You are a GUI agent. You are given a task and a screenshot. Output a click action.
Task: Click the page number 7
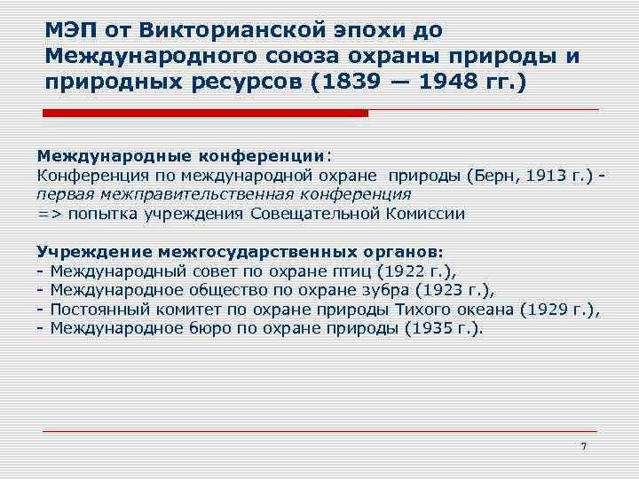click(x=583, y=445)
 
